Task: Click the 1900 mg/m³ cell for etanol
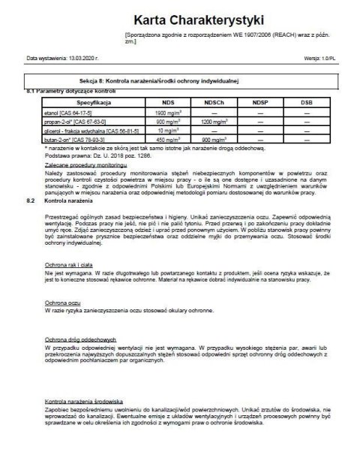pyautogui.click(x=175, y=111)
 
